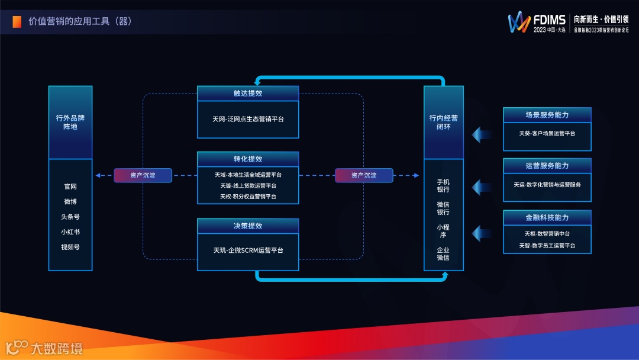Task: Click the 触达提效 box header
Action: (x=248, y=93)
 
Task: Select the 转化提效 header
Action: (x=248, y=159)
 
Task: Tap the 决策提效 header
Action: (x=248, y=226)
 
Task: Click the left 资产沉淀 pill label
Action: (x=143, y=175)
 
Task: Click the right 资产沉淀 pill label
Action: (x=364, y=175)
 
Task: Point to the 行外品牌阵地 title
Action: (x=70, y=122)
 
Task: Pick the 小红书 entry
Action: (x=70, y=232)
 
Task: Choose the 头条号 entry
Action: (x=70, y=217)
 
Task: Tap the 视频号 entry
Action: (x=70, y=247)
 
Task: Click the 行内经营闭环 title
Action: (x=443, y=122)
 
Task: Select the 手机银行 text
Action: (x=443, y=185)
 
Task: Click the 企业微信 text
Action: (x=443, y=253)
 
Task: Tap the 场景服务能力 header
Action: (x=547, y=115)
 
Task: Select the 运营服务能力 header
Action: (x=547, y=166)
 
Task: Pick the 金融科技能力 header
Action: (x=547, y=217)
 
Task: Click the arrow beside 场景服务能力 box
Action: (x=482, y=134)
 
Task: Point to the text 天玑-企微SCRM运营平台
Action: (x=248, y=250)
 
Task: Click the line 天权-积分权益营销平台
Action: (x=248, y=196)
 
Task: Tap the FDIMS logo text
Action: (x=548, y=20)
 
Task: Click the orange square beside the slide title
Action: (x=17, y=21)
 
